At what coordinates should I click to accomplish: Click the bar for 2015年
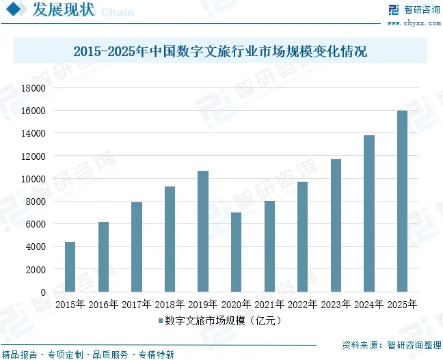click(x=70, y=266)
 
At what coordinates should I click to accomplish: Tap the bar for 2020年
click(x=236, y=252)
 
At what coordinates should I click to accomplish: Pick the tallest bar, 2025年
click(x=402, y=201)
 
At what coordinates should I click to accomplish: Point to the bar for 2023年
click(x=336, y=225)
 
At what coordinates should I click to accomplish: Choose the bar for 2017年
click(x=137, y=247)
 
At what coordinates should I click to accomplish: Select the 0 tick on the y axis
click(x=42, y=292)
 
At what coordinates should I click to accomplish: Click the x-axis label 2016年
click(x=103, y=304)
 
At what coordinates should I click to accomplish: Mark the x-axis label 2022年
click(x=302, y=304)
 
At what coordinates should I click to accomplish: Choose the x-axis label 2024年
click(x=368, y=304)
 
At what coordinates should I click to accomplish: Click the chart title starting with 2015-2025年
click(x=220, y=52)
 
